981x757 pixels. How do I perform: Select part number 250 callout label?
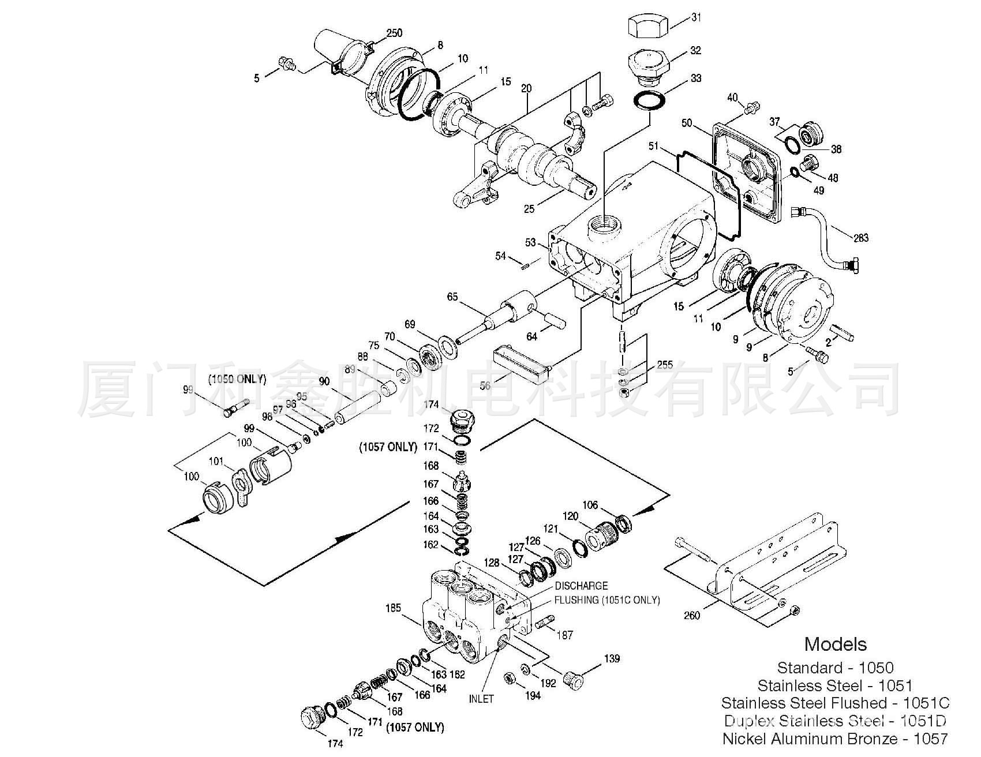(x=394, y=33)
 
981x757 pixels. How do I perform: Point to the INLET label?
(x=481, y=699)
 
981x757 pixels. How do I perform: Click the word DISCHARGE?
(x=582, y=586)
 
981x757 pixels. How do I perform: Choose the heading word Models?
(x=836, y=644)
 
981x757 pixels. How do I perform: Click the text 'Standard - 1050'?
(x=835, y=668)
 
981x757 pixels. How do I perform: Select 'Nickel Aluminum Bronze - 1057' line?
(x=835, y=738)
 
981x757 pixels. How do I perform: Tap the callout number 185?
(x=394, y=608)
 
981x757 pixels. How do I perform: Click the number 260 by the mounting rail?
(x=691, y=616)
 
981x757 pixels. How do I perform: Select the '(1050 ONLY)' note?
(x=237, y=379)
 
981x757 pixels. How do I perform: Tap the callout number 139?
(x=612, y=658)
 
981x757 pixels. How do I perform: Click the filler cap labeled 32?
(x=648, y=63)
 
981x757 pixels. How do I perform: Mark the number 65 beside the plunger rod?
(x=452, y=297)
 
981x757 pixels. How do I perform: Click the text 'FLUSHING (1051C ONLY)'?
(x=607, y=599)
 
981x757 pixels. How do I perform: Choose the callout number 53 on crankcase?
(x=530, y=243)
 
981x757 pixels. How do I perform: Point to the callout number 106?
(x=590, y=505)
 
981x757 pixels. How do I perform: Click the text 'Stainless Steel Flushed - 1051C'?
(x=835, y=703)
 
